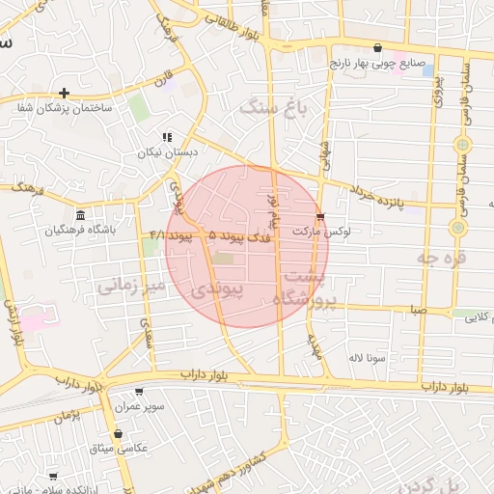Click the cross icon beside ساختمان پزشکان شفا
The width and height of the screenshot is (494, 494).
65,94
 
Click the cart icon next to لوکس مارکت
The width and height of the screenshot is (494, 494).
320,217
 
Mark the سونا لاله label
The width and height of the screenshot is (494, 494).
369,358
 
